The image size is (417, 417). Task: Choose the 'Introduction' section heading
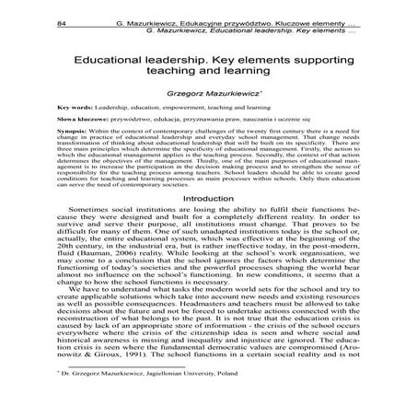click(209, 225)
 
